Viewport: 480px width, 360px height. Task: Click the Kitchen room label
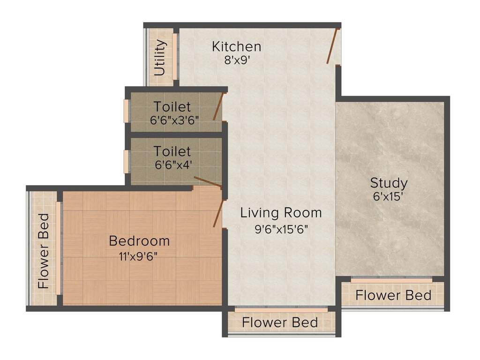point(236,47)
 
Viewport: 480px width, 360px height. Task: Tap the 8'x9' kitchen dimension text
point(236,60)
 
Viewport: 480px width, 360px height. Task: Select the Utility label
point(160,58)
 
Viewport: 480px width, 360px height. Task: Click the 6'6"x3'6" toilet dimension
point(175,120)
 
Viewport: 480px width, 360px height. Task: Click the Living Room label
point(281,213)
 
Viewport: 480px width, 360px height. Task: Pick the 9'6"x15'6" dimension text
point(281,229)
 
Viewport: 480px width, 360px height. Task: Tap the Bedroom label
point(139,241)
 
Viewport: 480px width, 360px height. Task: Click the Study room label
point(389,183)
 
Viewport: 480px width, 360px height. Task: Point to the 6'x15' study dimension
point(389,196)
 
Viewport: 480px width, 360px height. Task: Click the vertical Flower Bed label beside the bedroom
point(44,251)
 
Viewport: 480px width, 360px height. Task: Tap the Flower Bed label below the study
point(393,295)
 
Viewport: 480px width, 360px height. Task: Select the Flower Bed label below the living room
point(280,322)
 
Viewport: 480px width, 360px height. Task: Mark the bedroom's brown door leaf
point(218,213)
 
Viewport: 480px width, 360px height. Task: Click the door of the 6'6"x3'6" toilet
point(218,107)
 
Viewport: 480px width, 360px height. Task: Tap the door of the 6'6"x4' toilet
point(207,182)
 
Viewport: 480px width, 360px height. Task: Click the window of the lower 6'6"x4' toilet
point(126,162)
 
